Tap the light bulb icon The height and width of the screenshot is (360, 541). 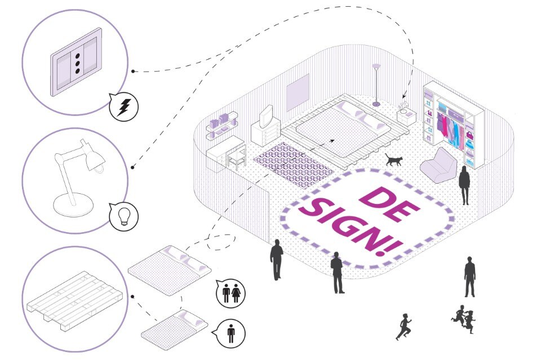coord(123,215)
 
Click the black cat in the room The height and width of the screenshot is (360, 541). coord(394,160)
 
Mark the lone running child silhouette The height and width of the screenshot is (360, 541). coord(404,326)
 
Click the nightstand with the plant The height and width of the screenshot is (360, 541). coord(406,117)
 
